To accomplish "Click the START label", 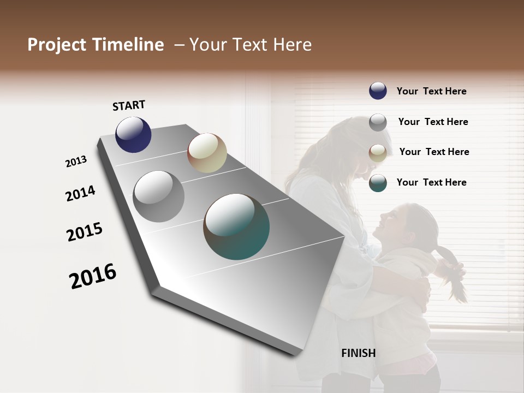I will pos(129,105).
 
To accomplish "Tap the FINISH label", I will pos(358,353).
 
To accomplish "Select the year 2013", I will pos(76,162).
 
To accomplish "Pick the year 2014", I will pos(80,193).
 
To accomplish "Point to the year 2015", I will pos(85,231).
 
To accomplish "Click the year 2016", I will pos(93,276).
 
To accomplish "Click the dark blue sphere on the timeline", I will pos(133,134).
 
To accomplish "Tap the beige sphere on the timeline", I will pos(207,153).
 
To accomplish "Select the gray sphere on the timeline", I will pos(159,196).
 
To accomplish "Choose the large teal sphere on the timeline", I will pos(236,227).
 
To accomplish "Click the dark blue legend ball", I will pos(378,91).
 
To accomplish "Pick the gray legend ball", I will pos(378,122).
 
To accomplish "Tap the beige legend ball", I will pos(378,153).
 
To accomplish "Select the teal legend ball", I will pos(378,183).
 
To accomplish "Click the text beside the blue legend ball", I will pos(431,91).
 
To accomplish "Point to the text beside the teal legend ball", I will pos(431,182).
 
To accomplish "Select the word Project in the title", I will pos(55,45).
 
